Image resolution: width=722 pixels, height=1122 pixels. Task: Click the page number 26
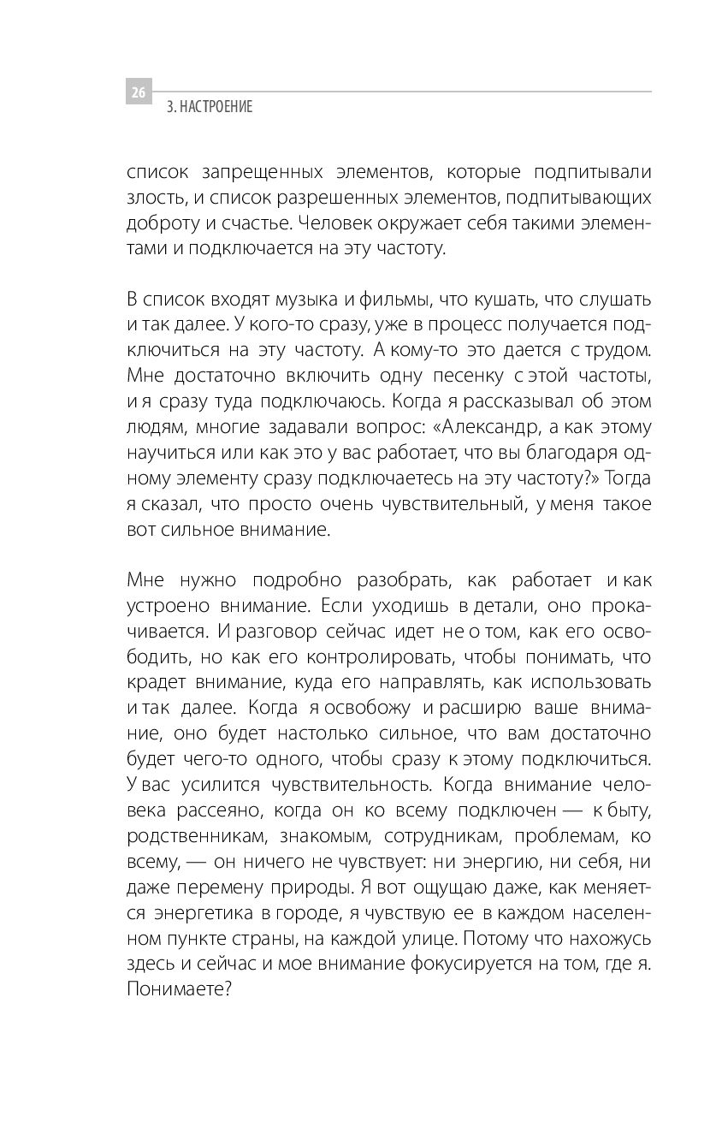(x=139, y=91)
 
